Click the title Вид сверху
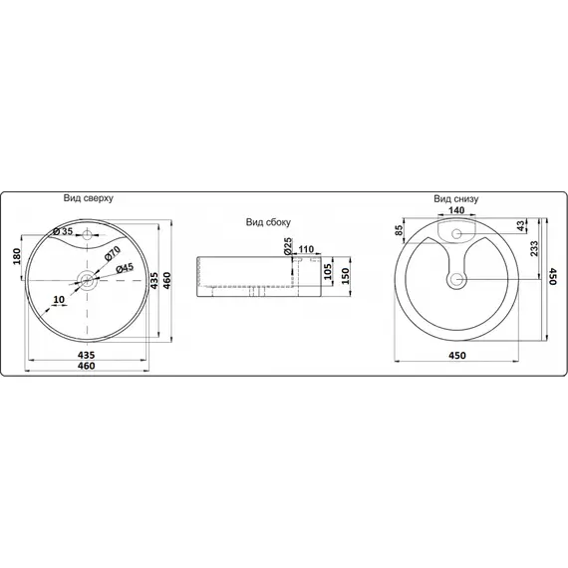point(89,198)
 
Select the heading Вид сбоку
point(268,222)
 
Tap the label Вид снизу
point(456,199)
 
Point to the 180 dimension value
point(17,256)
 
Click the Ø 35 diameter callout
point(63,231)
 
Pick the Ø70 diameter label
point(113,252)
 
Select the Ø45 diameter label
point(125,268)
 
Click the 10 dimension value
point(59,300)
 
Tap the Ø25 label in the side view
point(287,246)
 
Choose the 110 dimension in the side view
point(306,249)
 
